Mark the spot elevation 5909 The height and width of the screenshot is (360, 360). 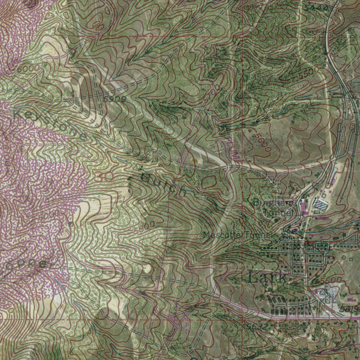point(115,99)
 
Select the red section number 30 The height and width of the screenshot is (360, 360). point(104,177)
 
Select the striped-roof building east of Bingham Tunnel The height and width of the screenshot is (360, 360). point(320,204)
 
